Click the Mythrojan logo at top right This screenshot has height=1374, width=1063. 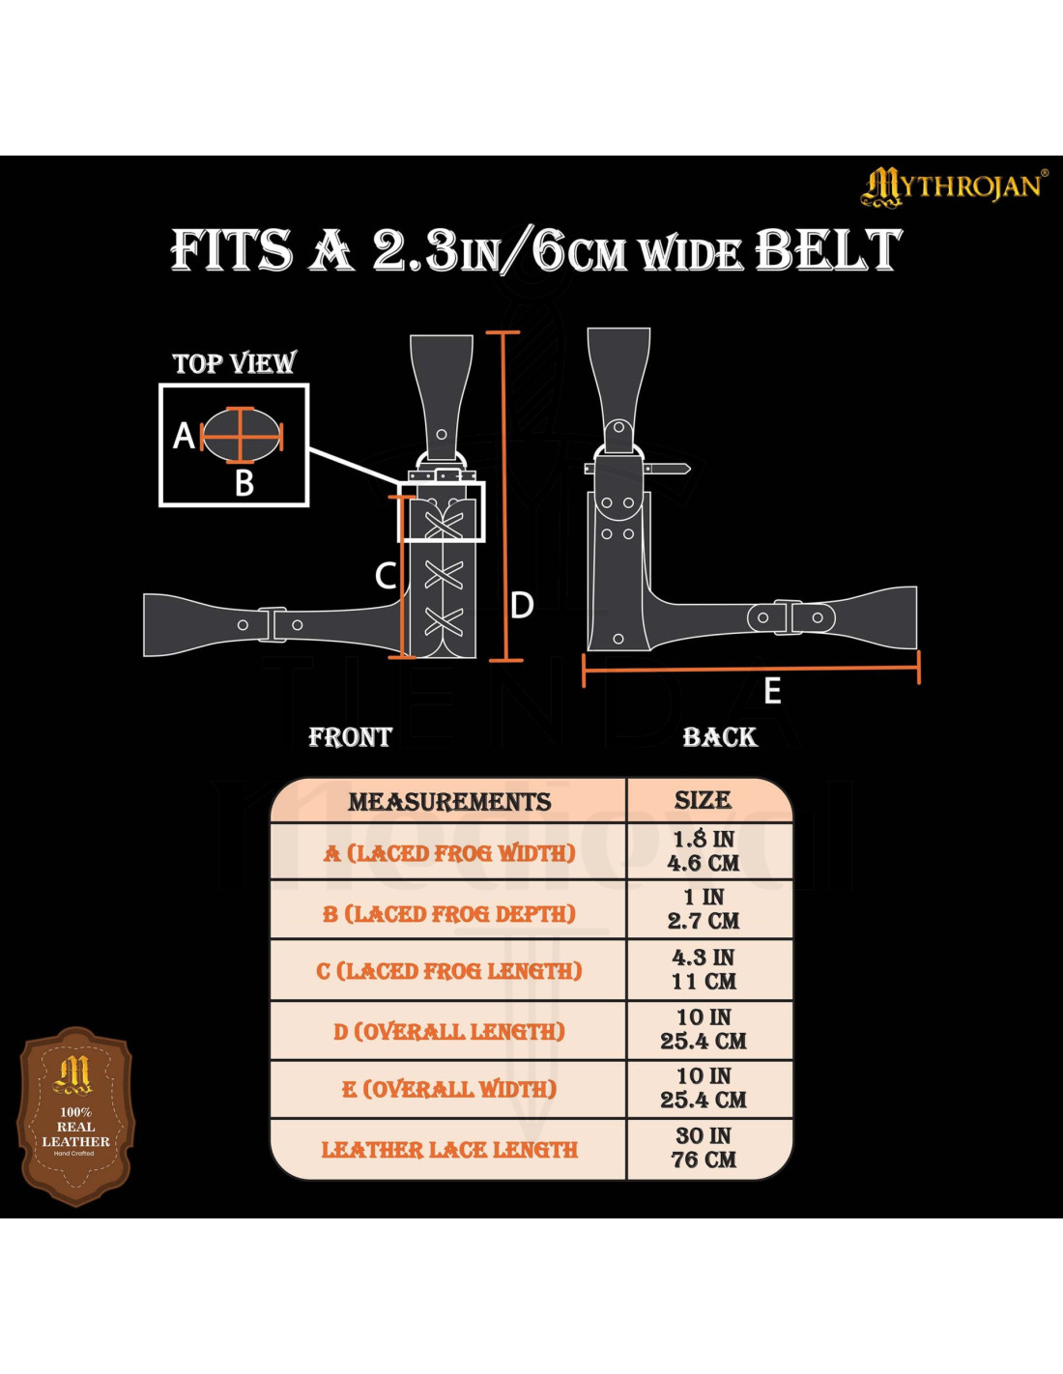click(x=952, y=186)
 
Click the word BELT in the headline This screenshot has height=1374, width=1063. click(x=827, y=250)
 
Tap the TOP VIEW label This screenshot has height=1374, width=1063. click(x=234, y=363)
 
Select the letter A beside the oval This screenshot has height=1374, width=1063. click(x=184, y=436)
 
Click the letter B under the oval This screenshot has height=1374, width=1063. click(x=244, y=482)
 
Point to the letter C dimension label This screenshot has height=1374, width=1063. click(x=385, y=576)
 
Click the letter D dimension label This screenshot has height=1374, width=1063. click(x=522, y=606)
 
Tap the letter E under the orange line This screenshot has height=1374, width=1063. click(x=772, y=691)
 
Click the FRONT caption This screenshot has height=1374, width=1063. click(x=350, y=737)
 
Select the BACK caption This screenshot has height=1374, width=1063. click(x=720, y=737)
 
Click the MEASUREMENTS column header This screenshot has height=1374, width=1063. click(x=449, y=802)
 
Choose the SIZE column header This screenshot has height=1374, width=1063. click(x=703, y=800)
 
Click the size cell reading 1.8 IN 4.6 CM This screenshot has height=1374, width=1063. click(x=704, y=851)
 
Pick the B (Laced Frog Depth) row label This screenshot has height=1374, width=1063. click(x=449, y=913)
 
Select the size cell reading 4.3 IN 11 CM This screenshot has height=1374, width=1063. click(x=704, y=969)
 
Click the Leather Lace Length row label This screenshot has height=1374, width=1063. click(x=449, y=1150)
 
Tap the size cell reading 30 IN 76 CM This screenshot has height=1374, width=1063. click(x=704, y=1148)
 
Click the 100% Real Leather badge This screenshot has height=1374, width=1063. click(x=76, y=1116)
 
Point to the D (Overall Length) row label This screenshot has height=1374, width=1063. click(x=449, y=1032)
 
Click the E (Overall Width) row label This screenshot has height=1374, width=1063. click(x=449, y=1089)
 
